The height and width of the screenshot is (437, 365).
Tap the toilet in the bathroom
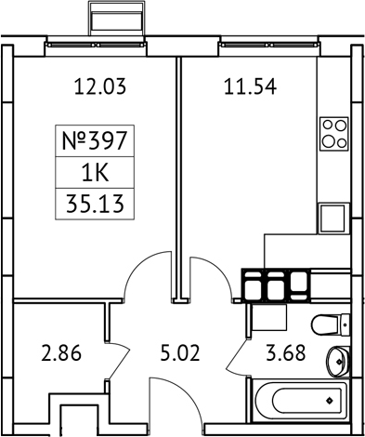(x=331, y=325)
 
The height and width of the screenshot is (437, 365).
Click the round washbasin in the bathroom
(x=339, y=359)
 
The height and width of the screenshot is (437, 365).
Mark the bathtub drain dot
(x=331, y=402)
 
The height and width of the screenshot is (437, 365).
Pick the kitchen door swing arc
(x=206, y=275)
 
